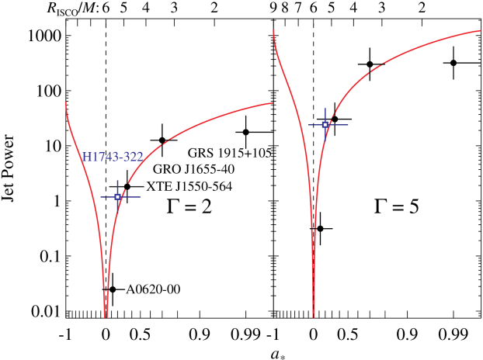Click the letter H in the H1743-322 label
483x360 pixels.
click(87, 157)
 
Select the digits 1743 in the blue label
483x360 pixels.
click(105, 157)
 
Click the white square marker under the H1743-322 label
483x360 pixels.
click(118, 197)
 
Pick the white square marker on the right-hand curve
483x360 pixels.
click(325, 124)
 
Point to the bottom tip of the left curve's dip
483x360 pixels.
click(106, 317)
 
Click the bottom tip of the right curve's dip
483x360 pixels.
click(314, 317)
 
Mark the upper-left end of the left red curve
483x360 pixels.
click(65, 102)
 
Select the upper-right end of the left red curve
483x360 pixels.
click(273, 102)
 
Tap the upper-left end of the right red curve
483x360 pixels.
click(273, 30)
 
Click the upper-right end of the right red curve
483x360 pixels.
click(481, 31)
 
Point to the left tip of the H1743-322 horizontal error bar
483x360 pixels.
click(100, 197)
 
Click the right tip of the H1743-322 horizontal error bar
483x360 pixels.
click(140, 197)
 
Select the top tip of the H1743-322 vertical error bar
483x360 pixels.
click(118, 180)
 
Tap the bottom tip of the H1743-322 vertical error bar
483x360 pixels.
click(118, 211)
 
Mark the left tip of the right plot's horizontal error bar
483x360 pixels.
click(308, 124)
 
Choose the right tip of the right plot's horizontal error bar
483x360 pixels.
click(348, 124)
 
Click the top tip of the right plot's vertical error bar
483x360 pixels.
click(325, 109)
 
